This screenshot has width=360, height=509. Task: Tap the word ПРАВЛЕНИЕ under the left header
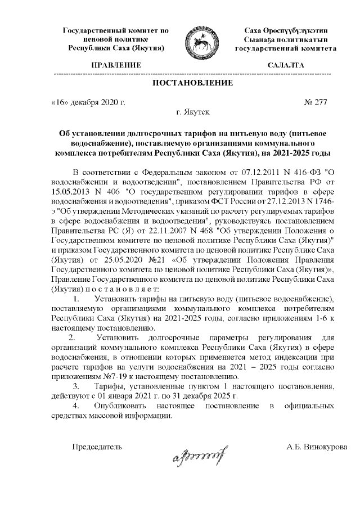coord(116,65)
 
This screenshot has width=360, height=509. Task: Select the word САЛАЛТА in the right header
coord(287,65)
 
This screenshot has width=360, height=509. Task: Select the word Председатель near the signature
coord(96,448)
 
